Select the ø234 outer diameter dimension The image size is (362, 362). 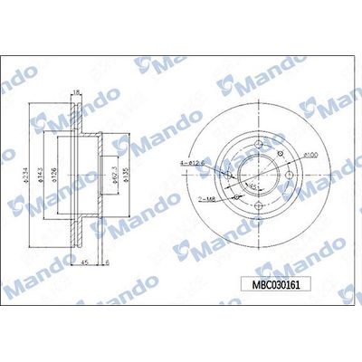click(x=36, y=171)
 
